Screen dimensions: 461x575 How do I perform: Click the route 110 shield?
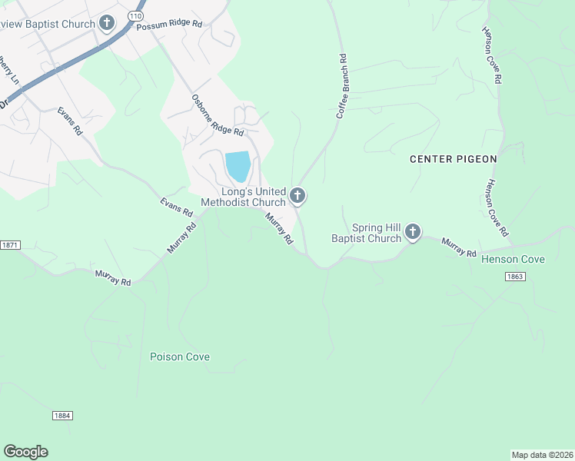[135, 15]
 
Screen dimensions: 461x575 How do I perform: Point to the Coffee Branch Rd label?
[341, 86]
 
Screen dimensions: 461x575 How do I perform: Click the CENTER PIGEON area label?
[454, 159]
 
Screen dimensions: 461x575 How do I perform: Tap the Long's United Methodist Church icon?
[297, 197]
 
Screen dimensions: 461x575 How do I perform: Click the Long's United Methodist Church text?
[243, 197]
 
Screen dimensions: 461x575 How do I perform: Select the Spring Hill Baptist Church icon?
[413, 232]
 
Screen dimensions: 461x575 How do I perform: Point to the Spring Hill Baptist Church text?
[366, 233]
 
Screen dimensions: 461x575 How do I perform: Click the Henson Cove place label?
[513, 260]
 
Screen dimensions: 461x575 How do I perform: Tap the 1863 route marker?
[515, 277]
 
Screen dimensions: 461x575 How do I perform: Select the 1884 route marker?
[62, 415]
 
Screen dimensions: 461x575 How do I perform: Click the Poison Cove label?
[180, 357]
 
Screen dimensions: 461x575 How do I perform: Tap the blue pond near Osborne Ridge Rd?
[238, 166]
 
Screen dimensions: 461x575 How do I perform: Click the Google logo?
[25, 451]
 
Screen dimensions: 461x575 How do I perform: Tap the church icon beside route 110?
[107, 22]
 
